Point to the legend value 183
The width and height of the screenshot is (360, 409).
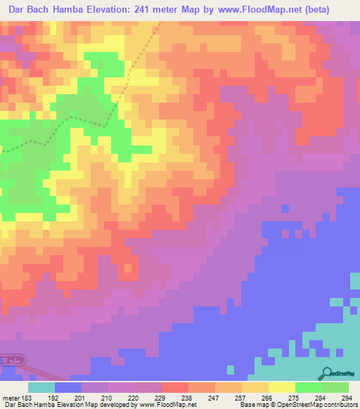[26, 398]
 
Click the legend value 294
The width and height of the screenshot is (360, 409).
[347, 398]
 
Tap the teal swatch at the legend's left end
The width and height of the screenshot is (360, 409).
[41, 387]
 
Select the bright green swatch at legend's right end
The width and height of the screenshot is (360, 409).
[335, 387]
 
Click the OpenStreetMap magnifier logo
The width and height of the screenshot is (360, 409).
[326, 373]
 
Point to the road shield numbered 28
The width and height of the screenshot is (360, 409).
[6, 360]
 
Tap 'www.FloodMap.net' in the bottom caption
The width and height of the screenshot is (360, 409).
[167, 405]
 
